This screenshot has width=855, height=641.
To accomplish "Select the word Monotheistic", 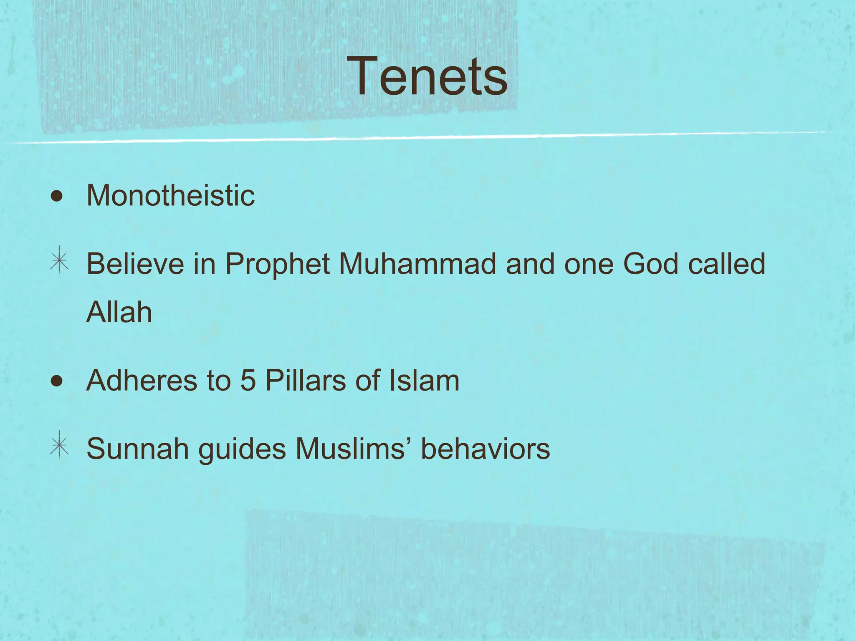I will point(170,196).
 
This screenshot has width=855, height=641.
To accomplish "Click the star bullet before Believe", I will point(59,260).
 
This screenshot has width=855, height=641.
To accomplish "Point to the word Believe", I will point(135,264).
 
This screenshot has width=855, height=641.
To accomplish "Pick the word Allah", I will point(119,312).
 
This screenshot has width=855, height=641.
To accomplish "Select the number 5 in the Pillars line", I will point(248,381).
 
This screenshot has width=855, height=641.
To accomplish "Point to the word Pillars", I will point(306,381).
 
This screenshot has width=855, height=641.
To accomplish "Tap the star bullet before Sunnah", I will point(59,445).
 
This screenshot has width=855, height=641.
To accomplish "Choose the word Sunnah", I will point(137,449).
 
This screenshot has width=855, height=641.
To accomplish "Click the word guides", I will point(242,450).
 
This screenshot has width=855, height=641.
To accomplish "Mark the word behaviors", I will point(485,449).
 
